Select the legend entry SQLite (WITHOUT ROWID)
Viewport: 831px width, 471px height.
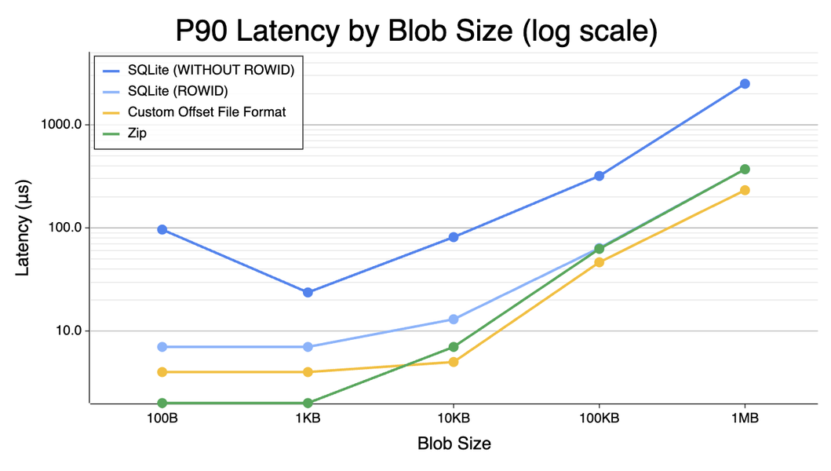210,70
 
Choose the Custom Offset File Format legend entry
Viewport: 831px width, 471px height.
206,112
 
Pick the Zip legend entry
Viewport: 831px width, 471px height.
137,133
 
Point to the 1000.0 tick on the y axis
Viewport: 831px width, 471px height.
61,124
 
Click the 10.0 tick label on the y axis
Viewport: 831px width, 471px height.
67,330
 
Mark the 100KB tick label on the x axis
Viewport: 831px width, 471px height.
599,418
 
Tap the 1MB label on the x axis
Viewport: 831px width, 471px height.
745,418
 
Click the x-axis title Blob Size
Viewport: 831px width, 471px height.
454,444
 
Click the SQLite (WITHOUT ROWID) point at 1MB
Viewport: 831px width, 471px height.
745,84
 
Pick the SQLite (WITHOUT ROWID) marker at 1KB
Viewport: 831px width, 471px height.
308,292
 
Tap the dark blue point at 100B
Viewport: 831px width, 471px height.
162,229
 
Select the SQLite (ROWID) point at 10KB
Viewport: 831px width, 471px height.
454,319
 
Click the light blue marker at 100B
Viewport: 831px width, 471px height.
162,347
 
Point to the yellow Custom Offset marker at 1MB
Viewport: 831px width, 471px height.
745,190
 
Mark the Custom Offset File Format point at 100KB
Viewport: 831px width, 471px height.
599,262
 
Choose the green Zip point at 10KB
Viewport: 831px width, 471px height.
454,347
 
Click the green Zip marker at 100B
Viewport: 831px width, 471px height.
162,403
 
